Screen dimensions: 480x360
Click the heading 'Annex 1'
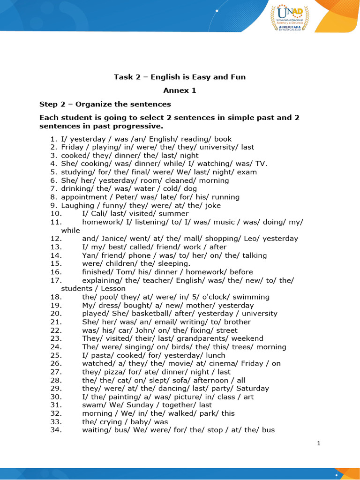[180, 90]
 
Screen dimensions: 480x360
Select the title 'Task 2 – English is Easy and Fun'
[180, 77]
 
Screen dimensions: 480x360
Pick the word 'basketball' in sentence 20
[135, 314]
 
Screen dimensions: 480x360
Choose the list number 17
[56, 280]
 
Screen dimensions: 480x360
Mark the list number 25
[56, 355]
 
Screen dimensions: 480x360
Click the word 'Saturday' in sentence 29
[253, 388]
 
